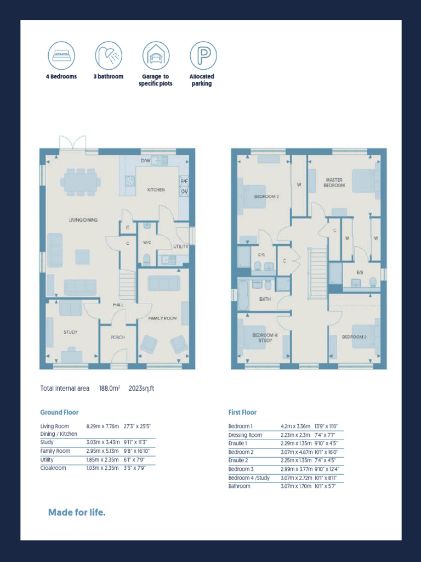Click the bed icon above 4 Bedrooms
pyautogui.click(x=61, y=55)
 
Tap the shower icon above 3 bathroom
pyautogui.click(x=109, y=55)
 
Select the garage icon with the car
pyautogui.click(x=156, y=55)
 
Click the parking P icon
pyautogui.click(x=203, y=55)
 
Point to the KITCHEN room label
pyautogui.click(x=156, y=190)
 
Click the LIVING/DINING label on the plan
pyautogui.click(x=83, y=220)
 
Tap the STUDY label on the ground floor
pyautogui.click(x=70, y=332)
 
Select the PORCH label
pyautogui.click(x=118, y=338)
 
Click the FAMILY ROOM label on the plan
pyautogui.click(x=162, y=318)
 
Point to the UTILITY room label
pyautogui.click(x=181, y=246)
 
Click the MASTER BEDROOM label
pyautogui.click(x=334, y=183)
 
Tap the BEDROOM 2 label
pyautogui.click(x=266, y=196)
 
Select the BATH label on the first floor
pyautogui.click(x=265, y=299)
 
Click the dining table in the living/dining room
pyautogui.click(x=81, y=181)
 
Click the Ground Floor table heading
pyautogui.click(x=59, y=412)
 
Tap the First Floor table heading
pyautogui.click(x=242, y=412)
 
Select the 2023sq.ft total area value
pyautogui.click(x=141, y=389)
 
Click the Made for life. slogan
pyautogui.click(x=77, y=513)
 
